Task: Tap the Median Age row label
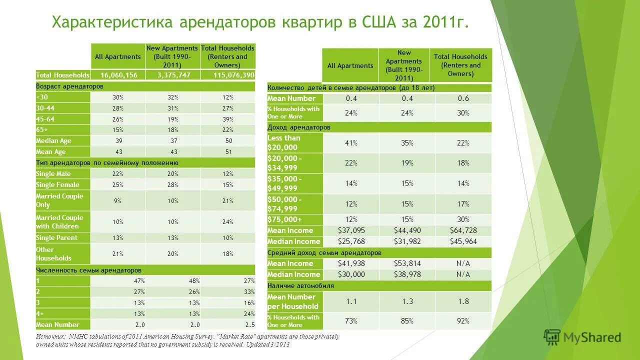click(x=53, y=141)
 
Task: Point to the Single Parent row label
click(x=56, y=238)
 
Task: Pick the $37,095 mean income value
click(x=351, y=230)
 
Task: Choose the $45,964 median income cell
click(x=463, y=241)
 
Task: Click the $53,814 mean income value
click(x=407, y=263)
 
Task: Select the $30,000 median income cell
click(x=351, y=274)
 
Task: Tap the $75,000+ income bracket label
click(x=284, y=219)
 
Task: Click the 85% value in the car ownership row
click(x=407, y=320)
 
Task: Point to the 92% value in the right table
click(x=463, y=320)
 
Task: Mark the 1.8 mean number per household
click(x=463, y=301)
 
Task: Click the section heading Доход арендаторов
click(x=299, y=127)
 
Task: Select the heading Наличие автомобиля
click(x=300, y=286)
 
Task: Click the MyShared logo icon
click(x=552, y=337)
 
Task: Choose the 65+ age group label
click(x=42, y=130)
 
